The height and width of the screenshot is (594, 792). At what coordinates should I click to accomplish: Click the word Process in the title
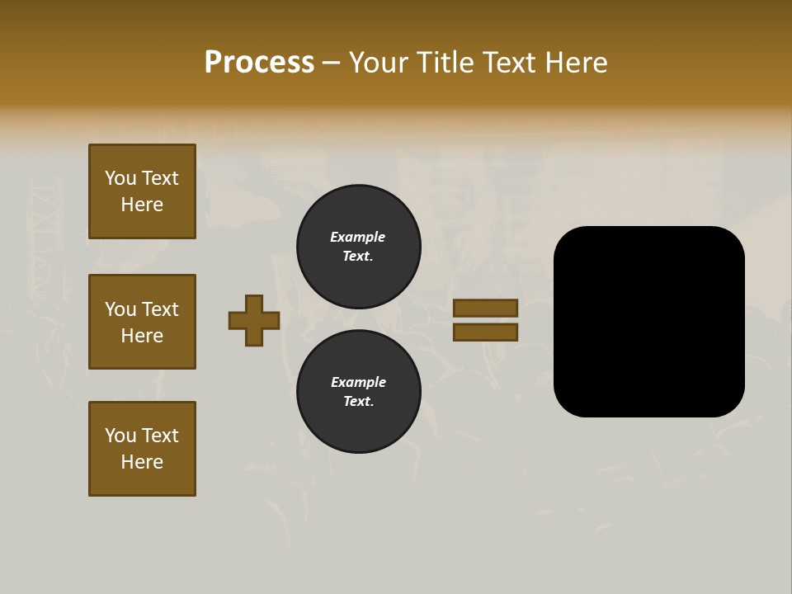259,63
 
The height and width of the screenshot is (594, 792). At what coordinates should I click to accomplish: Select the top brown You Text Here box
142,191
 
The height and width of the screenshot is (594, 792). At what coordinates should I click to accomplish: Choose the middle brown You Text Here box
142,322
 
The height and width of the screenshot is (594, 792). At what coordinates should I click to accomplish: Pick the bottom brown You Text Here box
142,449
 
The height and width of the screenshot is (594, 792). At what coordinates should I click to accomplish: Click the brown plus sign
254,320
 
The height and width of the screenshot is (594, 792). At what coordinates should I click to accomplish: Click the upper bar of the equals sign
486,308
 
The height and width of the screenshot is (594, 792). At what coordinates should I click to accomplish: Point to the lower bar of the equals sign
486,332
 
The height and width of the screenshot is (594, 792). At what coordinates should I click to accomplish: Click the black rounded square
649,322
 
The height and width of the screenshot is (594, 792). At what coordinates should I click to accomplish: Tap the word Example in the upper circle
358,237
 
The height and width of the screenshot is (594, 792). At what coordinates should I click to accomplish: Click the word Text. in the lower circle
358,402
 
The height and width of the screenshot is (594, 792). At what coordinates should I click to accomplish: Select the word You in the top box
120,178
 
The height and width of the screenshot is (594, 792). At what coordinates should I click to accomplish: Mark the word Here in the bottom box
142,462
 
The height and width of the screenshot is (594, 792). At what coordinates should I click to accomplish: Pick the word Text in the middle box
160,309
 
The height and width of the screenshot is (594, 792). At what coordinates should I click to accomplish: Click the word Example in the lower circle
358,382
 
